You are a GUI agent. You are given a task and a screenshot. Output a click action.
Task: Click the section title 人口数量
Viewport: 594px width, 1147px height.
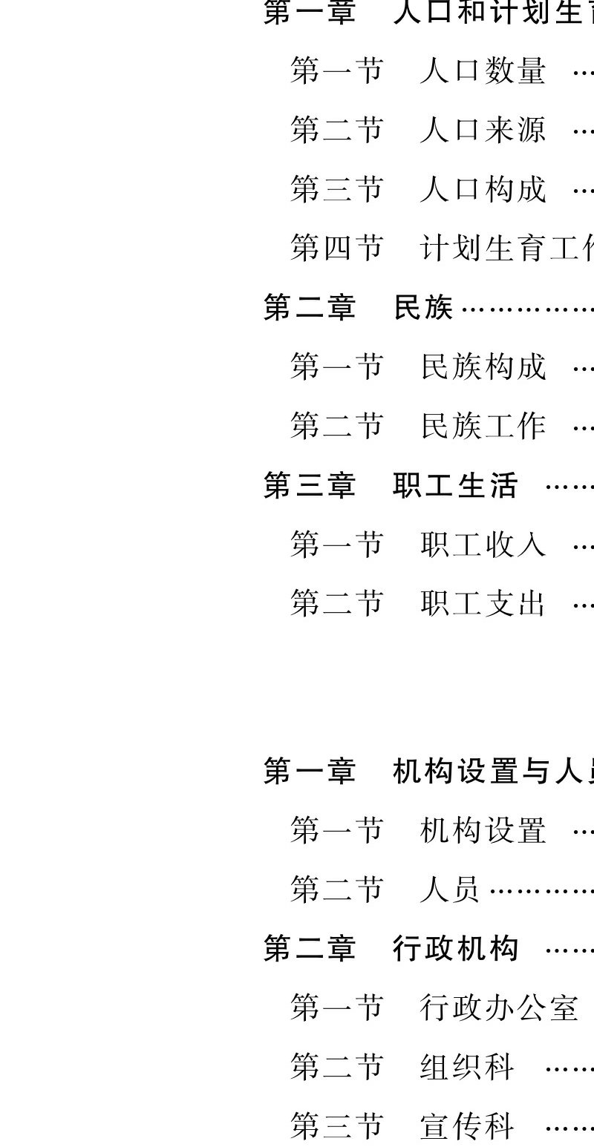483,71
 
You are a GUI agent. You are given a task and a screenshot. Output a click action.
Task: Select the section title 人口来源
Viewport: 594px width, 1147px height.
483,131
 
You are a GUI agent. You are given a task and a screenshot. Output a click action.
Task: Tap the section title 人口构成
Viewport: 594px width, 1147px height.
483,189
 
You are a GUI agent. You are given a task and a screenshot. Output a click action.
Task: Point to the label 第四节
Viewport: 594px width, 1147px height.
337,248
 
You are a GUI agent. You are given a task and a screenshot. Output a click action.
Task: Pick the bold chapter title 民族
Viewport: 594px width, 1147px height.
423,308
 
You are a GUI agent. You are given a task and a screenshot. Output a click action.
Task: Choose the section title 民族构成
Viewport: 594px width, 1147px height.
483,367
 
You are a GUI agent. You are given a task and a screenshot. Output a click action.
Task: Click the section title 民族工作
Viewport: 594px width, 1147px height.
483,427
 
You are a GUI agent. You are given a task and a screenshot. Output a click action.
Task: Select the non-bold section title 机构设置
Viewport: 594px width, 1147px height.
483,831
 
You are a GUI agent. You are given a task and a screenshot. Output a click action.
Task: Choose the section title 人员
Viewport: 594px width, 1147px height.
450,890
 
